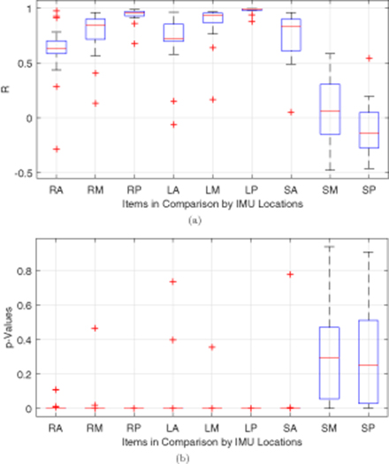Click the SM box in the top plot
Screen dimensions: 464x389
coord(305,109)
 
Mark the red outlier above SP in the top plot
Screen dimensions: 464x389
coord(344,59)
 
